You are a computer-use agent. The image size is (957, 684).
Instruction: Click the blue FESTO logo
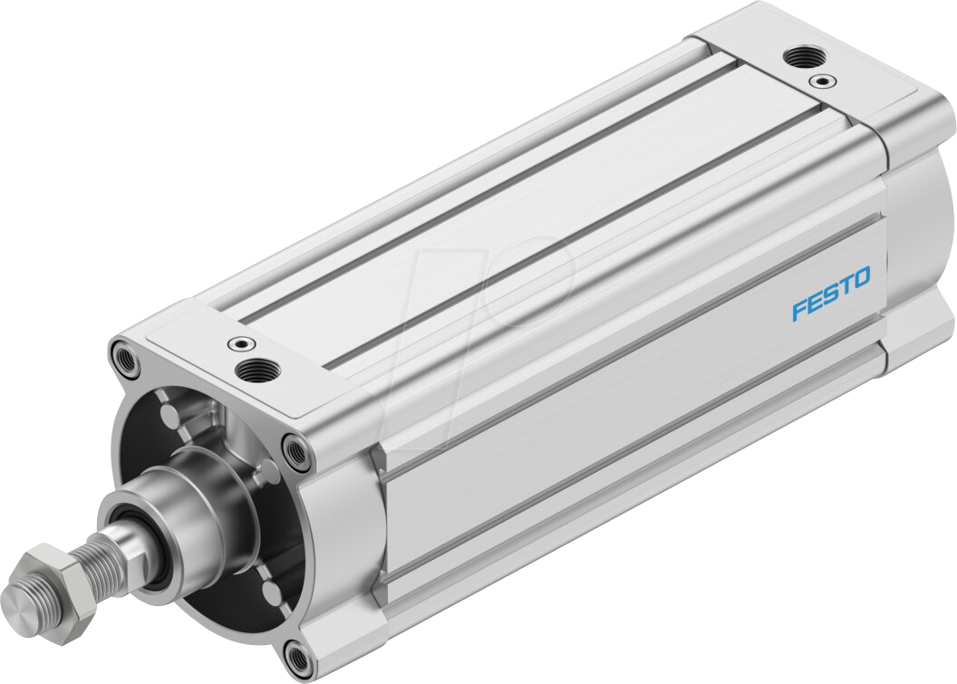pos(830,294)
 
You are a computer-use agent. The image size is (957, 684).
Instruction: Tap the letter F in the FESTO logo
pos(798,310)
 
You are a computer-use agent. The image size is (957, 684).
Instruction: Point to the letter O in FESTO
pos(859,279)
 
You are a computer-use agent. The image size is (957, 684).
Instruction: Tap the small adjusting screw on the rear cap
pos(823,82)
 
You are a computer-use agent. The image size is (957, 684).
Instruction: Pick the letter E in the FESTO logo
pos(813,303)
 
